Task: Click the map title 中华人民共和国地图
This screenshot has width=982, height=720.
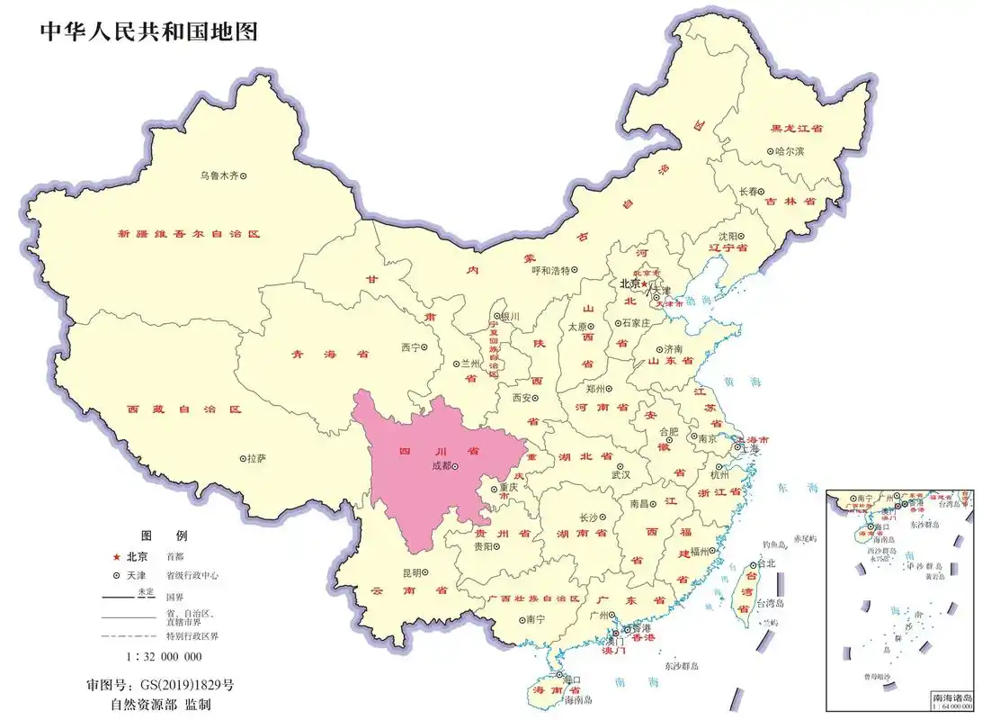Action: click(149, 31)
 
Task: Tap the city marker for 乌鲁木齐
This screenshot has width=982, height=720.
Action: click(242, 175)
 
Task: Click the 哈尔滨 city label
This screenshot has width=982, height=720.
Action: click(789, 151)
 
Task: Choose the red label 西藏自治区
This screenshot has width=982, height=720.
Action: click(184, 409)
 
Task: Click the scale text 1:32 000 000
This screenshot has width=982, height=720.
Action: click(164, 656)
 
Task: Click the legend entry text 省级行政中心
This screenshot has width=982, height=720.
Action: click(192, 575)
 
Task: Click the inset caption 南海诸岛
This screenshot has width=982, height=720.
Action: click(951, 698)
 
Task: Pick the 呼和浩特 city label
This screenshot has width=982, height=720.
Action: click(550, 269)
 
